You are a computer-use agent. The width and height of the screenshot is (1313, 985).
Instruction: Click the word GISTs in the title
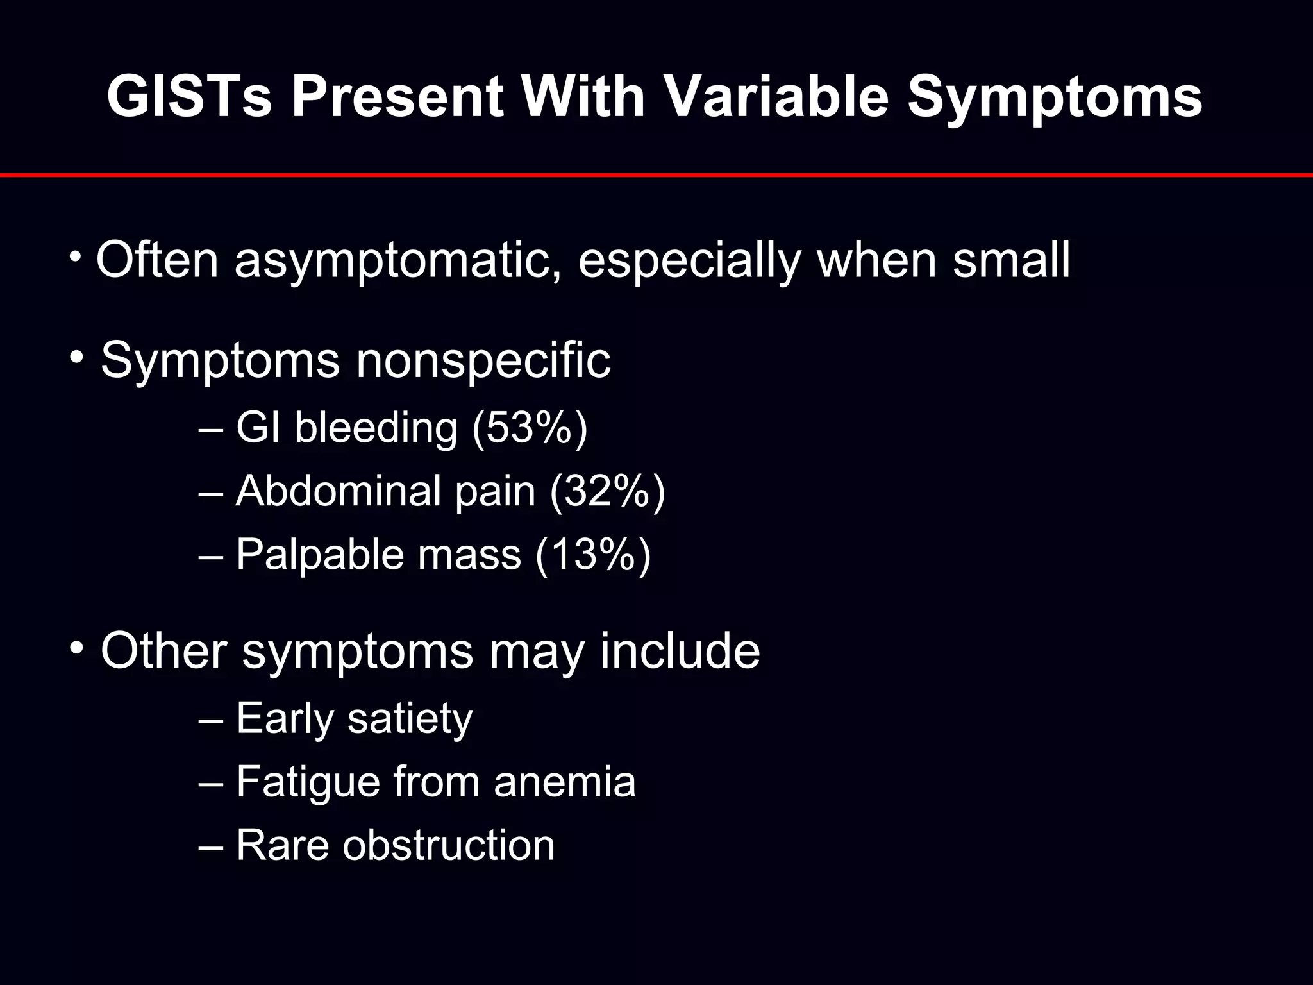[x=189, y=97]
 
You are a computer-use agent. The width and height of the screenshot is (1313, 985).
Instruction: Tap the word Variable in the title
[x=775, y=97]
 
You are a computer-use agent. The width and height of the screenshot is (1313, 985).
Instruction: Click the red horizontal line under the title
[x=656, y=174]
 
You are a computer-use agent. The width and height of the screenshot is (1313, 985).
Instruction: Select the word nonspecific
[x=483, y=360]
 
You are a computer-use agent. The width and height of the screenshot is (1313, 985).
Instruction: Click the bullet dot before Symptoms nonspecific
[x=77, y=357]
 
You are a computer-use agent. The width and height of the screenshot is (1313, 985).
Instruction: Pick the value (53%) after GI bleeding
[x=530, y=428]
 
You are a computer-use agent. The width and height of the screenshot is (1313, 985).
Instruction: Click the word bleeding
[x=376, y=428]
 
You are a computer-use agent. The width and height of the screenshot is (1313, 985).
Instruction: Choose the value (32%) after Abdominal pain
[x=607, y=491]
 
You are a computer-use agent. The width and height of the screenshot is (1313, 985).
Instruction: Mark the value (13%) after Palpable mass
[x=593, y=555]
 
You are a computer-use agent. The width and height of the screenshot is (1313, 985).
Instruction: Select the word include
[x=680, y=652]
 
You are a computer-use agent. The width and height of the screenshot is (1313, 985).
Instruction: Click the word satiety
[x=410, y=718]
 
